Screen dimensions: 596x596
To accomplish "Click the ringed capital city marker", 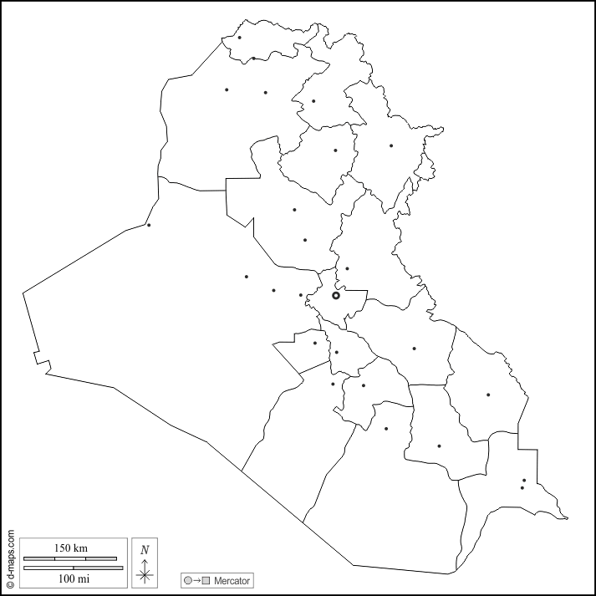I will tap(336, 295).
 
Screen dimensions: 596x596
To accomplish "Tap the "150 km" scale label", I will tap(71, 548).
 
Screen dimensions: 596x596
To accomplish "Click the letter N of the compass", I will tap(145, 549).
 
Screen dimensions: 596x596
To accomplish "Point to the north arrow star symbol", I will tap(145, 573).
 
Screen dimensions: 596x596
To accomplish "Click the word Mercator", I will tap(232, 580).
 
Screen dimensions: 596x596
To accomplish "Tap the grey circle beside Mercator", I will tap(188, 580).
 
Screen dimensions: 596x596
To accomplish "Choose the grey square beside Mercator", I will tap(206, 580).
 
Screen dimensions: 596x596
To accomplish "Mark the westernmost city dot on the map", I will tap(149, 225).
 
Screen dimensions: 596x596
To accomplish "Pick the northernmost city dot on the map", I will tap(240, 37).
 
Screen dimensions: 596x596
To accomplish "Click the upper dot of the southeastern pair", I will tap(524, 481).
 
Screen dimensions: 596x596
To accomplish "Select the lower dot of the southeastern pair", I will tap(522, 488).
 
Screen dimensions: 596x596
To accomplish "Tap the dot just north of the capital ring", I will tap(347, 268).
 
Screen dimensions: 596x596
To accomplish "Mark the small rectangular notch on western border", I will tap(43, 361).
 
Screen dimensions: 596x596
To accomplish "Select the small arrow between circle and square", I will tap(197, 580).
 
